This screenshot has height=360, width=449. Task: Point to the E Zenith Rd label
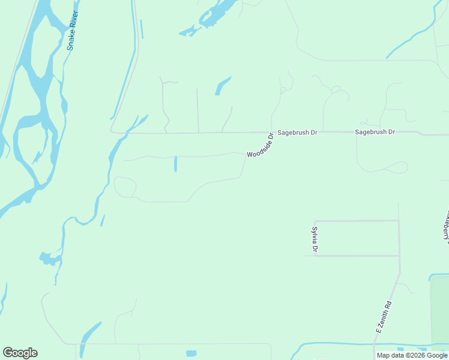[384, 317]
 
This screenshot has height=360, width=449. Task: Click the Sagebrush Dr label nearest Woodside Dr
[297, 132]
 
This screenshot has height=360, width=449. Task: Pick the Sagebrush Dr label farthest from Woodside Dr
[375, 131]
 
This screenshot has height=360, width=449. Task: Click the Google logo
[20, 353]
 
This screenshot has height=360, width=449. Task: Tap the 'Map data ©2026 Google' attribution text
[412, 355]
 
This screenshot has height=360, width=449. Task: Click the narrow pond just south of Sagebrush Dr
[175, 164]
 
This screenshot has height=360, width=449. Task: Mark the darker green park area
[439, 312]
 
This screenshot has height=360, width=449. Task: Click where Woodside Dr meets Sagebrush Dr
[271, 132]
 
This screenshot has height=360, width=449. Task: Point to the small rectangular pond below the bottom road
[191, 353]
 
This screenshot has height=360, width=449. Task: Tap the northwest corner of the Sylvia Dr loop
[315, 221]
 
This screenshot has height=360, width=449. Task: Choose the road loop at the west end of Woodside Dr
[124, 187]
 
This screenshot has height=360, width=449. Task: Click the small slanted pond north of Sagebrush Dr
[223, 86]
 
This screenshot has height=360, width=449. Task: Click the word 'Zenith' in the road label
[385, 313]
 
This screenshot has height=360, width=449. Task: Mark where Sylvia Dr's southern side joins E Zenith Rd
[399, 256]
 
